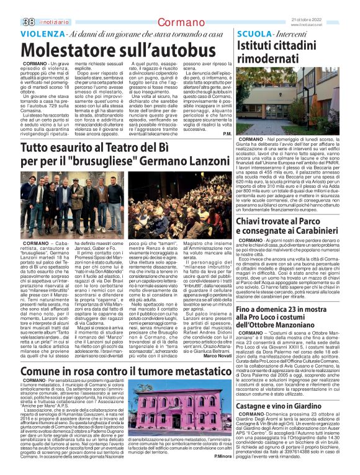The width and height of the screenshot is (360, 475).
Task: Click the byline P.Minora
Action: point(222,456)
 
